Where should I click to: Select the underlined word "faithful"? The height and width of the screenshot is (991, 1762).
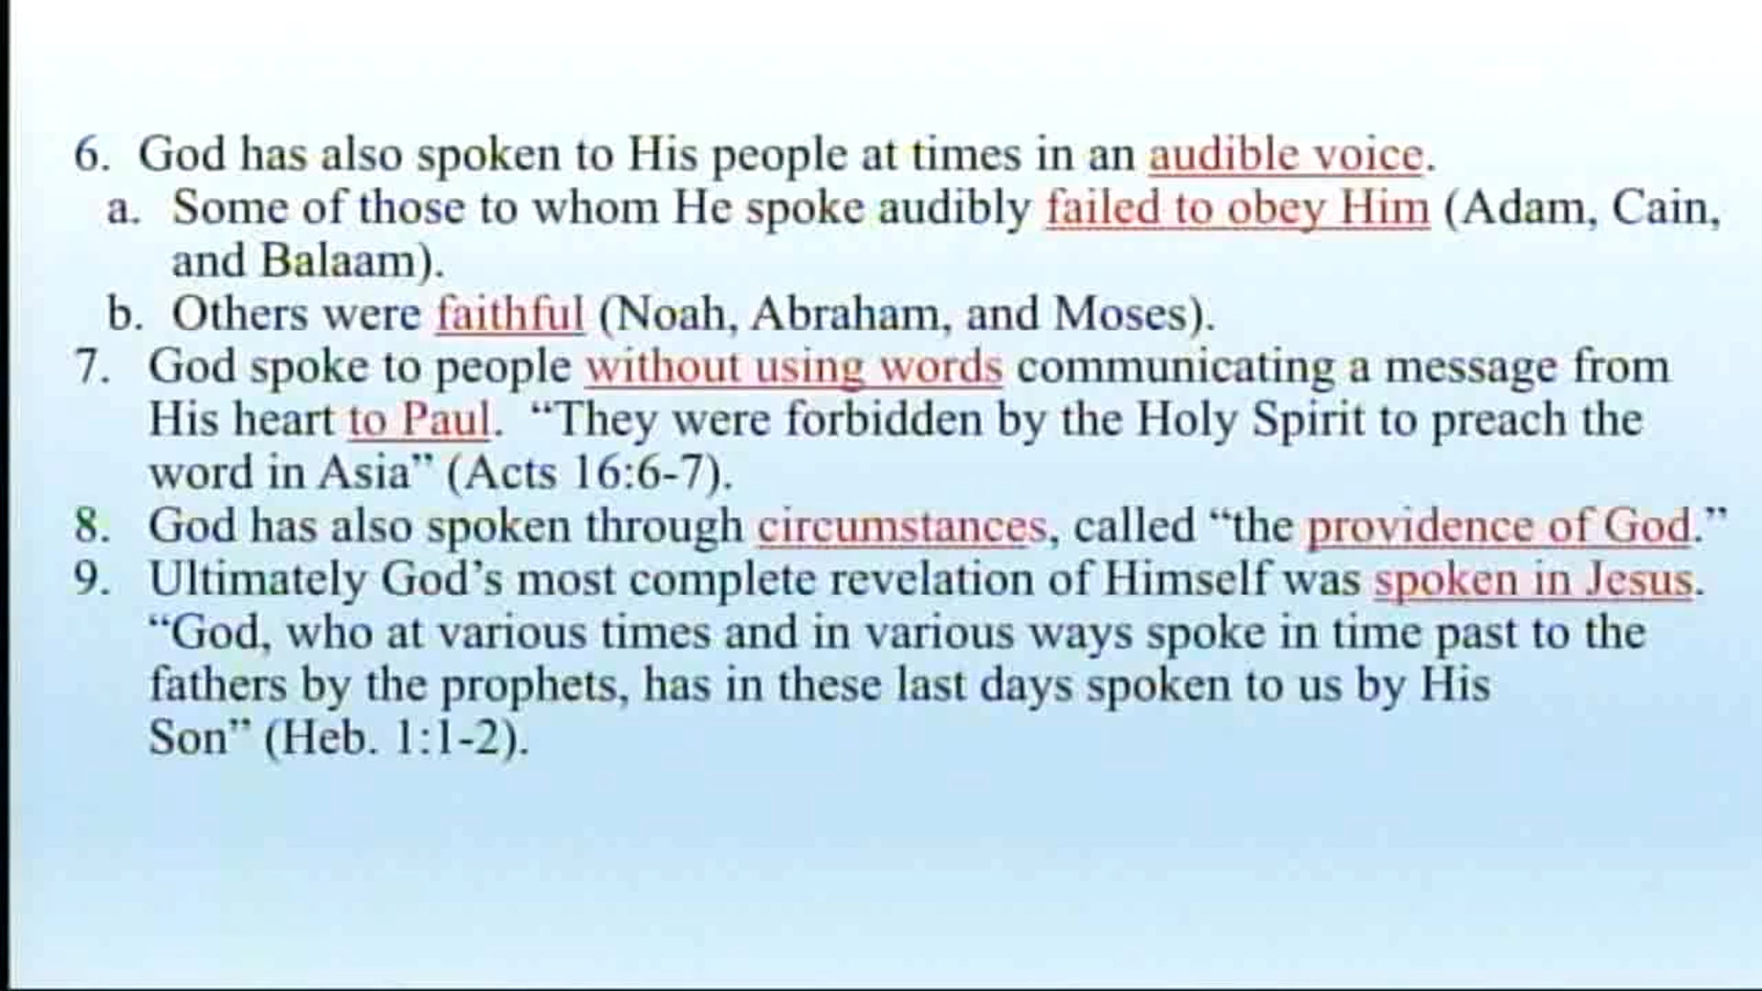coord(509,314)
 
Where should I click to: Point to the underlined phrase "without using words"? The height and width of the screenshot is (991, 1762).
coord(794,367)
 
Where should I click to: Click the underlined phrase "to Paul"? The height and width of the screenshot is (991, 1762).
coord(419,420)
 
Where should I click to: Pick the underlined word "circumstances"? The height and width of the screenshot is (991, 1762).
coord(901,527)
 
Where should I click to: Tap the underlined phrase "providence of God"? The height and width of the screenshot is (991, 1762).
coord(1499,527)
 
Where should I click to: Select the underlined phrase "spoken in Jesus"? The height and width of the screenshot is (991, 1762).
coord(1533,580)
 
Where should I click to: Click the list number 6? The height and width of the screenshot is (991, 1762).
coord(91,154)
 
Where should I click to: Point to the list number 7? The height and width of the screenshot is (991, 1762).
coord(91,367)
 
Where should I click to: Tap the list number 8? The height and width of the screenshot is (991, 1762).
coord(91,527)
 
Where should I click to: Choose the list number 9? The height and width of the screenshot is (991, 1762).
coord(91,580)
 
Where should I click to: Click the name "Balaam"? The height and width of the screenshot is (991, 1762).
coord(339,262)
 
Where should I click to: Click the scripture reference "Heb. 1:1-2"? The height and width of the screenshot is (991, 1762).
coord(396,738)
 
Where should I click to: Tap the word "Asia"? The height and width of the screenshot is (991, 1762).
coord(364,473)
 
